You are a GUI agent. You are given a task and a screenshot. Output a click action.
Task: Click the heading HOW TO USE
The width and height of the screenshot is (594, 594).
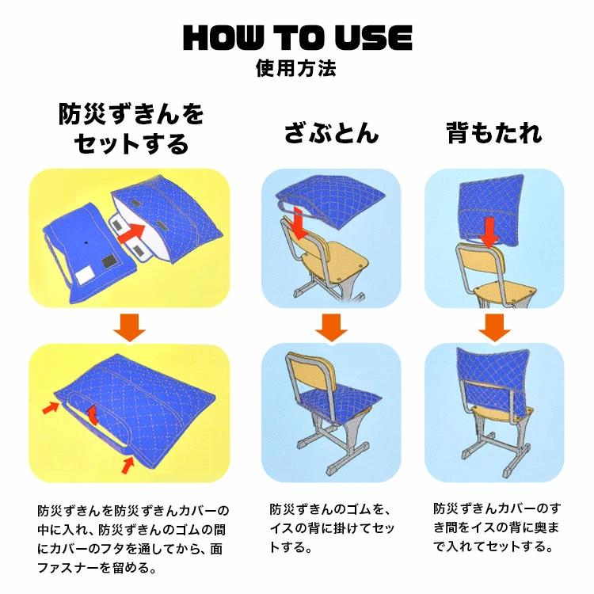(298, 37)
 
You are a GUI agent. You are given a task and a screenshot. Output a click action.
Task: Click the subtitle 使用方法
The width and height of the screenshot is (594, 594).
(296, 68)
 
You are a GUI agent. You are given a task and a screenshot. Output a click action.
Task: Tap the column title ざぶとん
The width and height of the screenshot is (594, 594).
(332, 133)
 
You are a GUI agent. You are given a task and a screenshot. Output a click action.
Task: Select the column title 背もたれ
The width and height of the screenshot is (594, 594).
(494, 133)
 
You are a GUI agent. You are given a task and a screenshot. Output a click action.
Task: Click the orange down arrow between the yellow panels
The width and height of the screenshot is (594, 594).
(129, 327)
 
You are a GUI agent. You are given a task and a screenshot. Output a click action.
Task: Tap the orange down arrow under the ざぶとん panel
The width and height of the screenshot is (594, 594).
(331, 327)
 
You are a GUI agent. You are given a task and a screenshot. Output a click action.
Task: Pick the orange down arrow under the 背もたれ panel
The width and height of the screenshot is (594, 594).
(494, 327)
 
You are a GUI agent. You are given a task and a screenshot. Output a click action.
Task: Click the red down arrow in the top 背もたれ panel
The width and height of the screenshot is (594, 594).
(489, 232)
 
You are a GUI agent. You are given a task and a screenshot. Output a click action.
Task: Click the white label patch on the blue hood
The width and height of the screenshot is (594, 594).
(85, 274)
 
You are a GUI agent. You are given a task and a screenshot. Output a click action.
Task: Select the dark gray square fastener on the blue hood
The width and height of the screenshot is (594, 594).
(110, 262)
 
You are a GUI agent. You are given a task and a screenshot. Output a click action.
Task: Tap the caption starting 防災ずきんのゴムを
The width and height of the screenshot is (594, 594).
(332, 527)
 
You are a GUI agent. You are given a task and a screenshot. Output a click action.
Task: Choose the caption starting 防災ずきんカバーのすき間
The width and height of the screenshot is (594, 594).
(497, 527)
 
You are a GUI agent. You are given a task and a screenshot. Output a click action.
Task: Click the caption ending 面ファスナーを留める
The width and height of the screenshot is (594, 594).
(133, 539)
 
